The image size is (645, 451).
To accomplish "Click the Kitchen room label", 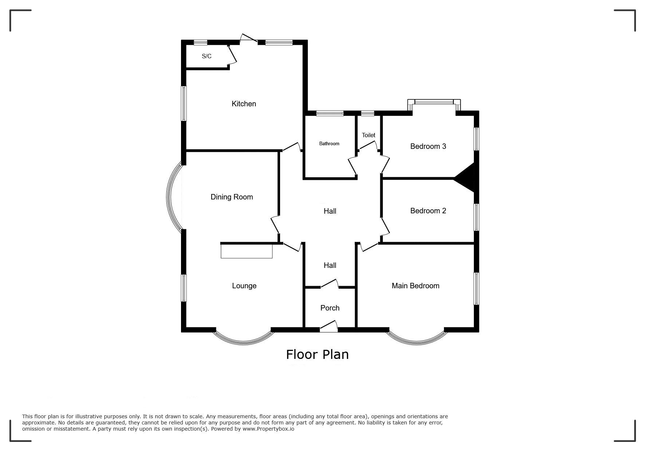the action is click(244, 104).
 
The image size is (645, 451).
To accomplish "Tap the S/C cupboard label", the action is click(207, 56).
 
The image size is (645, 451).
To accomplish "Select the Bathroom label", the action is click(329, 143).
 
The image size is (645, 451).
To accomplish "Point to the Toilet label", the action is click(369, 135).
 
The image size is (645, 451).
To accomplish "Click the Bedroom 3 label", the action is click(428, 146).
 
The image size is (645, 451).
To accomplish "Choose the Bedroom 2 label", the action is click(428, 211).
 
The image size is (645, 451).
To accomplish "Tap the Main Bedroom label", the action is click(416, 286).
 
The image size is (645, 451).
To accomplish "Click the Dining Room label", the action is click(232, 197).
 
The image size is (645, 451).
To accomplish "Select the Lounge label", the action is click(244, 286).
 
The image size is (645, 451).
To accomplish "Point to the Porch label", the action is click(330, 308).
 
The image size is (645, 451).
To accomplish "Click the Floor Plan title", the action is click(317, 354).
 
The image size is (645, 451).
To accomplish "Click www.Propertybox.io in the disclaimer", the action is click(268, 429).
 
